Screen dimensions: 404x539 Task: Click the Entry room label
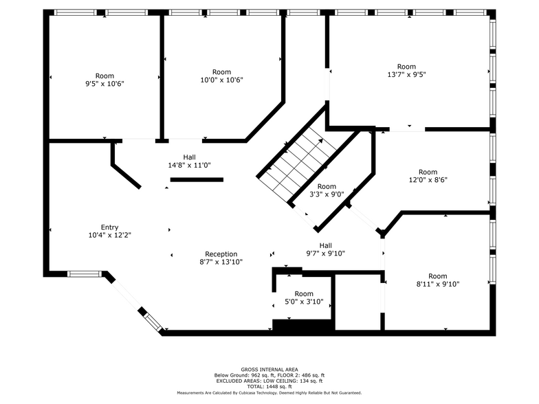(x=109, y=227)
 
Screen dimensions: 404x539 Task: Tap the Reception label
(x=221, y=254)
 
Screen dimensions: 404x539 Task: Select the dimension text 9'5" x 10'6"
(x=104, y=84)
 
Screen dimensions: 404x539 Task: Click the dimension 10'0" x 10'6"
(x=221, y=80)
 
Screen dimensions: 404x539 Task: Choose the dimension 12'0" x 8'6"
(x=428, y=180)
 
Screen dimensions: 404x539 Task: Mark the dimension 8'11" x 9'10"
(x=437, y=284)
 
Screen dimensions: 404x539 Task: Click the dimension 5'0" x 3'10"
(x=299, y=302)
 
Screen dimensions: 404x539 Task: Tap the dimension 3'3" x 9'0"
(x=327, y=194)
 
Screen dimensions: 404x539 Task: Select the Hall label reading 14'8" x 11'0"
(x=189, y=165)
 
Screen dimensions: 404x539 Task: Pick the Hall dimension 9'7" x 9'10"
(x=325, y=254)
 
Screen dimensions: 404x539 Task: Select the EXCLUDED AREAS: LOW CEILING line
(x=269, y=381)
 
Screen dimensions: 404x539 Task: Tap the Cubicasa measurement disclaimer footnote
(x=269, y=393)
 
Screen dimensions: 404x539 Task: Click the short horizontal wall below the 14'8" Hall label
(x=197, y=180)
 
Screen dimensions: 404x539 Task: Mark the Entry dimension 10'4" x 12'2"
(x=109, y=236)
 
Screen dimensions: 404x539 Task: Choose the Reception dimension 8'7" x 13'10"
(x=221, y=262)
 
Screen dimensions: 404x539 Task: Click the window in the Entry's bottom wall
(x=85, y=274)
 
